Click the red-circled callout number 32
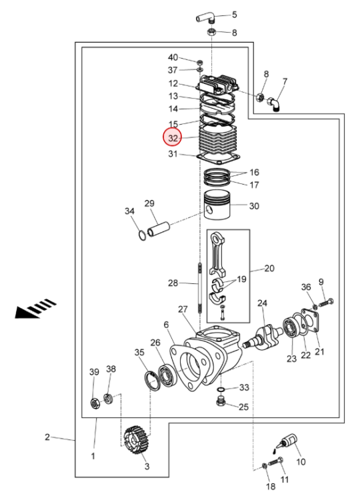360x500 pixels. (x=173, y=138)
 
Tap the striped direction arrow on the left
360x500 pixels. (x=36, y=308)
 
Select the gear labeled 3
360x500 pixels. (x=137, y=440)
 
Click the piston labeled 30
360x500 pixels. (x=217, y=205)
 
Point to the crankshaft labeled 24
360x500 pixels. (x=263, y=339)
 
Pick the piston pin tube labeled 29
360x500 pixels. (x=158, y=229)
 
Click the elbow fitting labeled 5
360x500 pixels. (x=206, y=17)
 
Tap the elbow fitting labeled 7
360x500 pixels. (x=274, y=104)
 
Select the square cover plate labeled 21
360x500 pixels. (x=310, y=323)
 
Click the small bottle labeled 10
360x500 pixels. (x=288, y=442)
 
